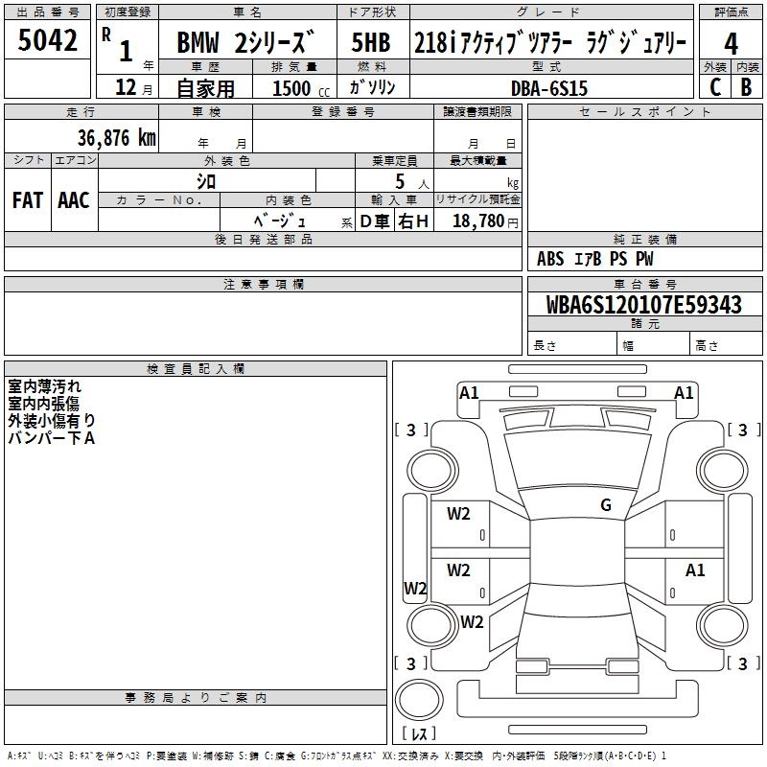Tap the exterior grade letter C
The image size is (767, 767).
[714, 86]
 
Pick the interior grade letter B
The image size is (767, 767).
[746, 86]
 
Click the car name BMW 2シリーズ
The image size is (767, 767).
[244, 43]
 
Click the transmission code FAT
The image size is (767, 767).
[28, 200]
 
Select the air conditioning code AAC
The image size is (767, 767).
[73, 200]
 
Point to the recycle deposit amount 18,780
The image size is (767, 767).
[478, 221]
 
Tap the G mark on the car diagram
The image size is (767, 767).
[606, 505]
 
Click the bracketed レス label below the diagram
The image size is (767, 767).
[423, 733]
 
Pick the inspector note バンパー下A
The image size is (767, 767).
[52, 438]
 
